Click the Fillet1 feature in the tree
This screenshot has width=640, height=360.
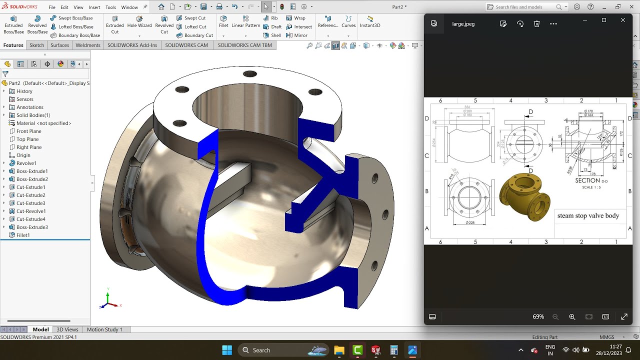(23, 235)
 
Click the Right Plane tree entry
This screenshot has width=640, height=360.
(29, 147)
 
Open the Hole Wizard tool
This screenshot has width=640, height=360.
(139, 22)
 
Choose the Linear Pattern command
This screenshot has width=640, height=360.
(245, 22)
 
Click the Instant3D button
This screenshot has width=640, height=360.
(370, 22)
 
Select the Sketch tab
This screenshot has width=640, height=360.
(36, 45)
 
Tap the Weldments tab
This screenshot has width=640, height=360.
(88, 45)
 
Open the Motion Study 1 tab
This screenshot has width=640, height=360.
(104, 329)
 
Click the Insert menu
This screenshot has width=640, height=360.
(94, 7)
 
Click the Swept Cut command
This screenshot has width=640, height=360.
(194, 18)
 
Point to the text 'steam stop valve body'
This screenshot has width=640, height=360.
(588, 216)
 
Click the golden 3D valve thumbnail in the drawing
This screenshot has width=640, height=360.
(524, 196)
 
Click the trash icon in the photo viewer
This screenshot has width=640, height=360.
(536, 24)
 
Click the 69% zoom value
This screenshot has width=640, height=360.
(538, 317)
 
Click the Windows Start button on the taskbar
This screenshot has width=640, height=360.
(226, 350)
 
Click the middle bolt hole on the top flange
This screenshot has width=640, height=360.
(249, 74)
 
